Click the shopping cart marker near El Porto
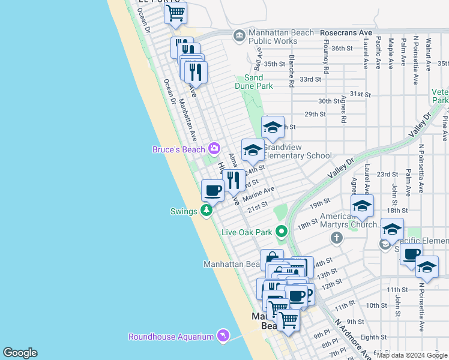(175, 14)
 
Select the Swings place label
(183, 211)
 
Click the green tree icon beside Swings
(206, 211)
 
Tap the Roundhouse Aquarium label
(170, 337)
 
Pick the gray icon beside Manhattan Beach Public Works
(240, 37)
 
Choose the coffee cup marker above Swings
(212, 190)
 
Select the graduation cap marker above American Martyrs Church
(362, 205)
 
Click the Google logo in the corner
(20, 353)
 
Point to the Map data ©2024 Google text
(411, 355)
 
